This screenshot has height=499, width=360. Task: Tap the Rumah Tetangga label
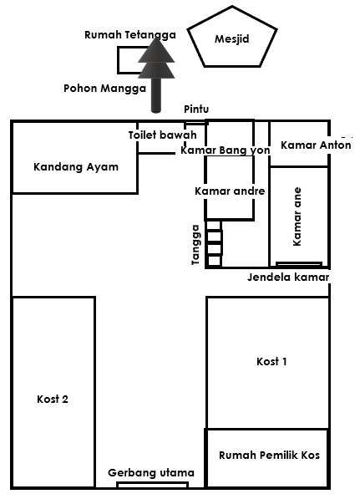pyautogui.click(x=129, y=35)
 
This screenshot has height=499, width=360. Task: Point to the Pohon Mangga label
pyautogui.click(x=105, y=87)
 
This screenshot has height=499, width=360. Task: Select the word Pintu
pyautogui.click(x=196, y=109)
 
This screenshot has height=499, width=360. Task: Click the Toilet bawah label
pyautogui.click(x=162, y=135)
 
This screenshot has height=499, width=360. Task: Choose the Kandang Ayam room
pyautogui.click(x=75, y=166)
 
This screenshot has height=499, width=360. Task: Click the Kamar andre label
pyautogui.click(x=229, y=191)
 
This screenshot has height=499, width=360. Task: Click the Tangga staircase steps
pyautogui.click(x=214, y=243)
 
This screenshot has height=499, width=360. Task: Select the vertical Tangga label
pyautogui.click(x=195, y=244)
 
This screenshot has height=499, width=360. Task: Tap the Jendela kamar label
pyautogui.click(x=288, y=277)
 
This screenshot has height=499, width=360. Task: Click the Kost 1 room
pyautogui.click(x=271, y=361)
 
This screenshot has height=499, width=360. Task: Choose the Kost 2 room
pyautogui.click(x=53, y=399)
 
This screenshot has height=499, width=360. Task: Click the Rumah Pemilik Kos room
pyautogui.click(x=269, y=456)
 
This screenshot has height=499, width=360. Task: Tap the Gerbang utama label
pyautogui.click(x=151, y=473)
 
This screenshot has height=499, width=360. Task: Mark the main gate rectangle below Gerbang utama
pyautogui.click(x=151, y=485)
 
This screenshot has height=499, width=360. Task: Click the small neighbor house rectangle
pyautogui.click(x=130, y=60)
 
